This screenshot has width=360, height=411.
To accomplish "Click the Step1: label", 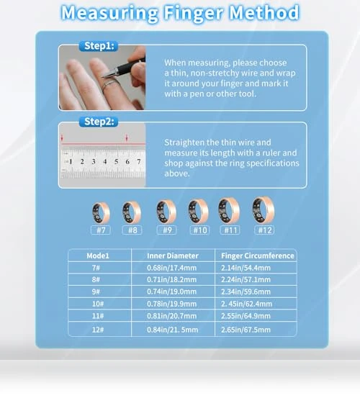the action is [99, 46].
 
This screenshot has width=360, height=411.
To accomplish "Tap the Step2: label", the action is [99, 122].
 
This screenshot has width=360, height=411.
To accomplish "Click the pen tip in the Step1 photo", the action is [103, 77].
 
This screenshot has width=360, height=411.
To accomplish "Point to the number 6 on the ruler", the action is [127, 162].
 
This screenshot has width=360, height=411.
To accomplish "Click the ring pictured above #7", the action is [101, 213].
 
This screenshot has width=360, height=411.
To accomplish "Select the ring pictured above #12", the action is [263, 210].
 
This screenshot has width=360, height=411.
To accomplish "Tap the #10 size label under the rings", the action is [199, 230].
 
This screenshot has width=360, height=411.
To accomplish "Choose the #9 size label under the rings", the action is [167, 230].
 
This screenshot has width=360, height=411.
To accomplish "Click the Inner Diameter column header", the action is [173, 256].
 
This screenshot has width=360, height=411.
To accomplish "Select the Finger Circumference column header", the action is [257, 256].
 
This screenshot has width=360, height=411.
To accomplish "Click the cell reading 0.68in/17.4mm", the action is [171, 268].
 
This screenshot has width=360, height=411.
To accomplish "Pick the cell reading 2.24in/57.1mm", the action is [246, 280].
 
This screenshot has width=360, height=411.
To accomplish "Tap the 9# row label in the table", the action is [96, 292].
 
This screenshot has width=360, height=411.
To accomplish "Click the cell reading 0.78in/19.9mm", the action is [171, 304].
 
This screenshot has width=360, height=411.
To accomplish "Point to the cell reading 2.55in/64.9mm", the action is [246, 316].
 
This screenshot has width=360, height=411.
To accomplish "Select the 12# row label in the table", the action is [97, 330].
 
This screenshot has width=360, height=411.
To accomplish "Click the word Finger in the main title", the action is [194, 13].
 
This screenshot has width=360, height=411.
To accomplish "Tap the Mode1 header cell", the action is [98, 256].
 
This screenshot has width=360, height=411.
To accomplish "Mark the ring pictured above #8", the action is [132, 213].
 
